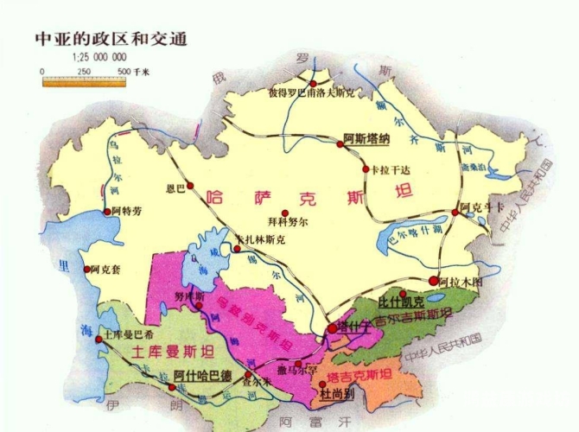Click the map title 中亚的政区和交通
pyautogui.click(x=111, y=40)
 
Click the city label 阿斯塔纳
pyautogui.click(x=367, y=138)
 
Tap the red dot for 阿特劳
pyautogui.click(x=107, y=212)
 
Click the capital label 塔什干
pyautogui.click(x=356, y=325)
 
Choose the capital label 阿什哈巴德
pyautogui.click(x=202, y=376)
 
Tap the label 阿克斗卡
pyautogui.click(x=481, y=207)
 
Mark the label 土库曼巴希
pyautogui.click(x=127, y=334)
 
